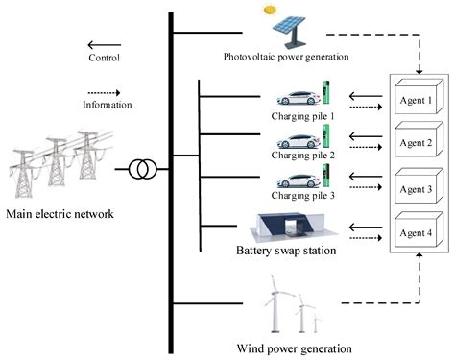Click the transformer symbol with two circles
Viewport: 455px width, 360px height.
tap(140, 170)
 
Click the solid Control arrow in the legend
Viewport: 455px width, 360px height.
tap(104, 44)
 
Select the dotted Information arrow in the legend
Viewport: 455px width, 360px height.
tap(104, 94)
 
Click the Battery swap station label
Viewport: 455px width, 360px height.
tap(286, 252)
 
